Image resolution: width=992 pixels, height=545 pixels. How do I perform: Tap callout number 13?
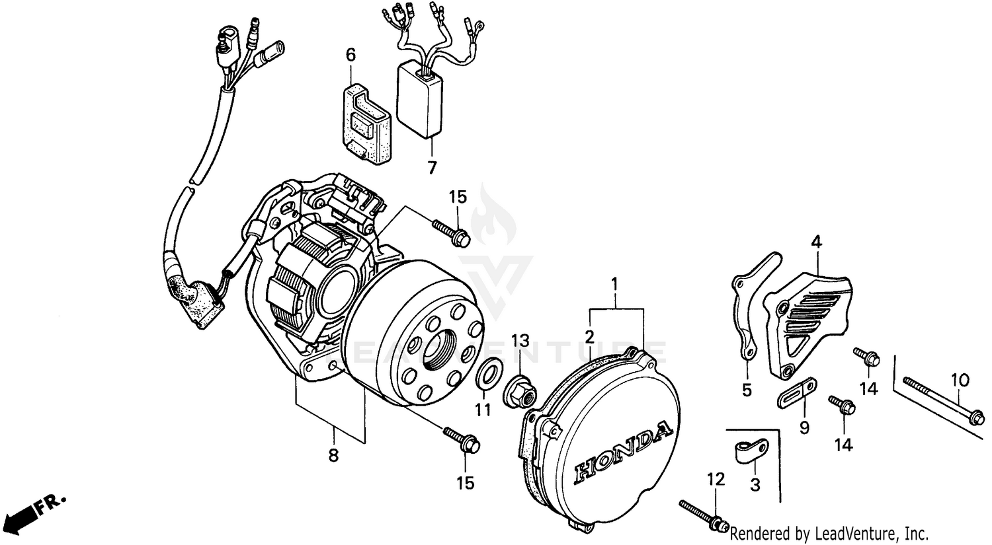click(520, 341)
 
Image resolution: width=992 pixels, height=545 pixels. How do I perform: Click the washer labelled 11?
click(488, 375)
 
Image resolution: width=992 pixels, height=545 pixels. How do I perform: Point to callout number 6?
click(351, 54)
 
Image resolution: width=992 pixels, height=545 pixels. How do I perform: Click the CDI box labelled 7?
click(418, 102)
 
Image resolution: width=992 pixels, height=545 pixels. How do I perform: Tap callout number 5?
click(747, 390)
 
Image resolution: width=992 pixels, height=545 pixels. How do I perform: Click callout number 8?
click(333, 454)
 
